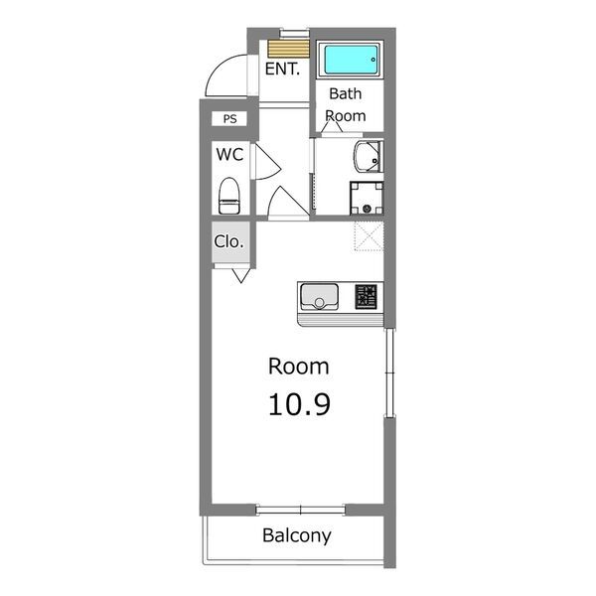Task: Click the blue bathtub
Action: pyautogui.click(x=351, y=60)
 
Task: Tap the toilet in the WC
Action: pyautogui.click(x=229, y=196)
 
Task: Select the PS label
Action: pyautogui.click(x=229, y=119)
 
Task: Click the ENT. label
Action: pyautogui.click(x=282, y=69)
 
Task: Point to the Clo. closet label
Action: pyautogui.click(x=228, y=241)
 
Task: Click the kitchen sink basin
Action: pyautogui.click(x=319, y=296)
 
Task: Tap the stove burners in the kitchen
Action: pyautogui.click(x=366, y=296)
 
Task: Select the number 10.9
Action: pyautogui.click(x=299, y=404)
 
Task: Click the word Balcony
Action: pyautogui.click(x=296, y=535)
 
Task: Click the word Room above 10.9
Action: pyautogui.click(x=299, y=367)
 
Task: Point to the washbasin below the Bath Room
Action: pyautogui.click(x=368, y=157)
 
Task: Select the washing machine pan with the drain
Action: pyautogui.click(x=367, y=199)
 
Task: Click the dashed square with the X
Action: pyautogui.click(x=369, y=236)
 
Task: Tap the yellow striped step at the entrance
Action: pyautogui.click(x=288, y=49)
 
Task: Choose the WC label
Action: pyautogui.click(x=229, y=154)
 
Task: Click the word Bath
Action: pyautogui.click(x=345, y=93)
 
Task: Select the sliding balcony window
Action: pyautogui.click(x=300, y=510)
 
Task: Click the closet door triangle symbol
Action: pyautogui.click(x=241, y=275)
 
